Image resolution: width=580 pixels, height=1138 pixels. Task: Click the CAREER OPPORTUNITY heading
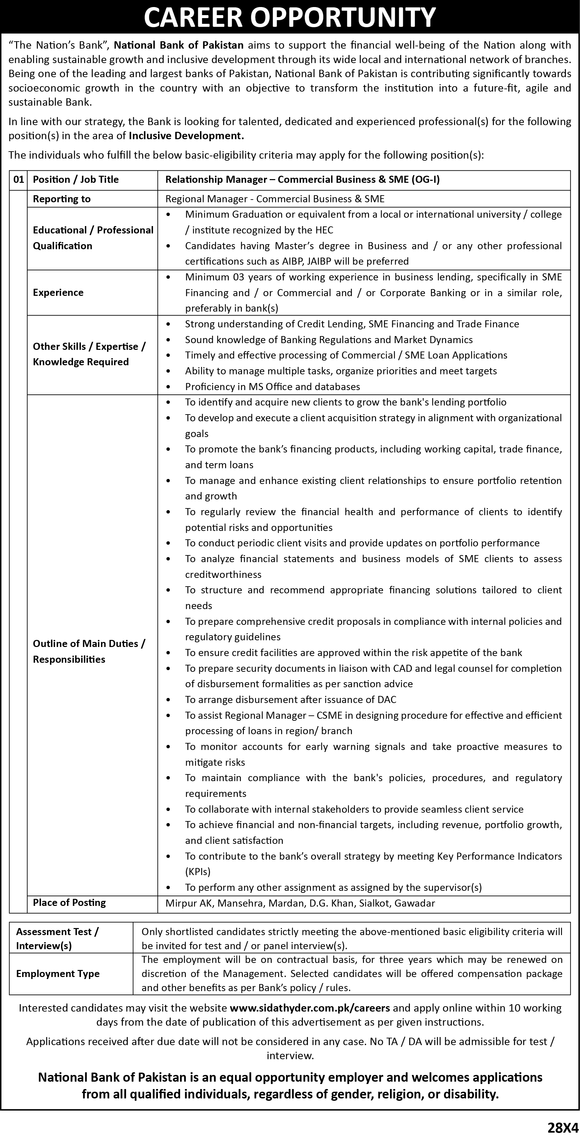pyautogui.click(x=290, y=18)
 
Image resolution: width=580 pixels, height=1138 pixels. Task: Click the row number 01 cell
pyautogui.click(x=18, y=179)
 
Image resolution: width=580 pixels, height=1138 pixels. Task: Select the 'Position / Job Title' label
pyautogui.click(x=75, y=179)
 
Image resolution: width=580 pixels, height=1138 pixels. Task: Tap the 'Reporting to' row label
pyautogui.click(x=61, y=199)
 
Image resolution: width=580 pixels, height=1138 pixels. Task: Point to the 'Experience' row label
pyautogui.click(x=58, y=292)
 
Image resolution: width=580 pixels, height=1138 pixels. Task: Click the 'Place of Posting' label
pyautogui.click(x=69, y=903)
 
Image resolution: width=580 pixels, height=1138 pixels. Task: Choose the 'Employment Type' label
pyautogui.click(x=58, y=974)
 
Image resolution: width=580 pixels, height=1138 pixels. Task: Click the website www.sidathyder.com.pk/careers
pyautogui.click(x=310, y=1008)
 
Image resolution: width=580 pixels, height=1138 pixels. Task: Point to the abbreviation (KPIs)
pyautogui.click(x=198, y=872)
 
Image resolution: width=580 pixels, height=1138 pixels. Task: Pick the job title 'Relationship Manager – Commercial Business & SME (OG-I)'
pyautogui.click(x=302, y=179)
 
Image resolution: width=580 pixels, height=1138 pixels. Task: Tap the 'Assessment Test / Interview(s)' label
pyautogui.click(x=57, y=939)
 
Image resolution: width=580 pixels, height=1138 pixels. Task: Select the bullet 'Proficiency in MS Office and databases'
pyautogui.click(x=272, y=387)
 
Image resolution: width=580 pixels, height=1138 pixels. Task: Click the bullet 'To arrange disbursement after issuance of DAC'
pyautogui.click(x=291, y=699)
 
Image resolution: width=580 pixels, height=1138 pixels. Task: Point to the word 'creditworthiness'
pyautogui.click(x=223, y=574)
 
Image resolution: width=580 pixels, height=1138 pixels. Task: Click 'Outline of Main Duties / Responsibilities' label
pyautogui.click(x=89, y=651)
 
